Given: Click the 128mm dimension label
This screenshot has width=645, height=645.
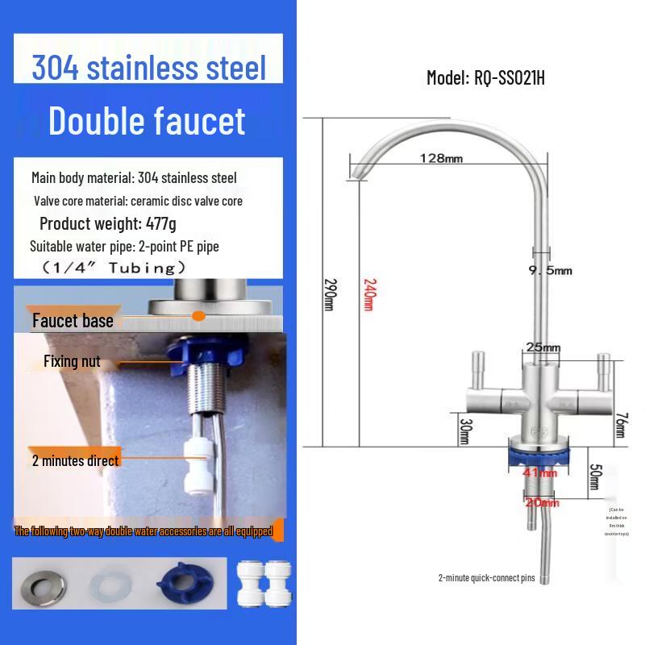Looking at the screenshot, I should pyautogui.click(x=441, y=158).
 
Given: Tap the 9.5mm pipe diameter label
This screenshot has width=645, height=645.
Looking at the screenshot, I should pyautogui.click(x=551, y=270).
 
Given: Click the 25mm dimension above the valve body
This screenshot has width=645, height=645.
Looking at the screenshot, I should pyautogui.click(x=543, y=347).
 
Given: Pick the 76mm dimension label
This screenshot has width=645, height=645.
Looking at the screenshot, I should pyautogui.click(x=619, y=424).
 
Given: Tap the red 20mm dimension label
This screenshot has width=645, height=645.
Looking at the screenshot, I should pyautogui.click(x=543, y=503).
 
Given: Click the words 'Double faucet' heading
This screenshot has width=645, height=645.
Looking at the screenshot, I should pyautogui.click(x=146, y=121).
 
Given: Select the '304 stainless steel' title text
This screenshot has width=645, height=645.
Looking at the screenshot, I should pyautogui.click(x=148, y=68).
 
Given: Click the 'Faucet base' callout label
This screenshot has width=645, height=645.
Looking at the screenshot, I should pyautogui.click(x=73, y=321).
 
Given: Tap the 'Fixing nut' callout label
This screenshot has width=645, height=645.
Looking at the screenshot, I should pyautogui.click(x=73, y=362).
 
